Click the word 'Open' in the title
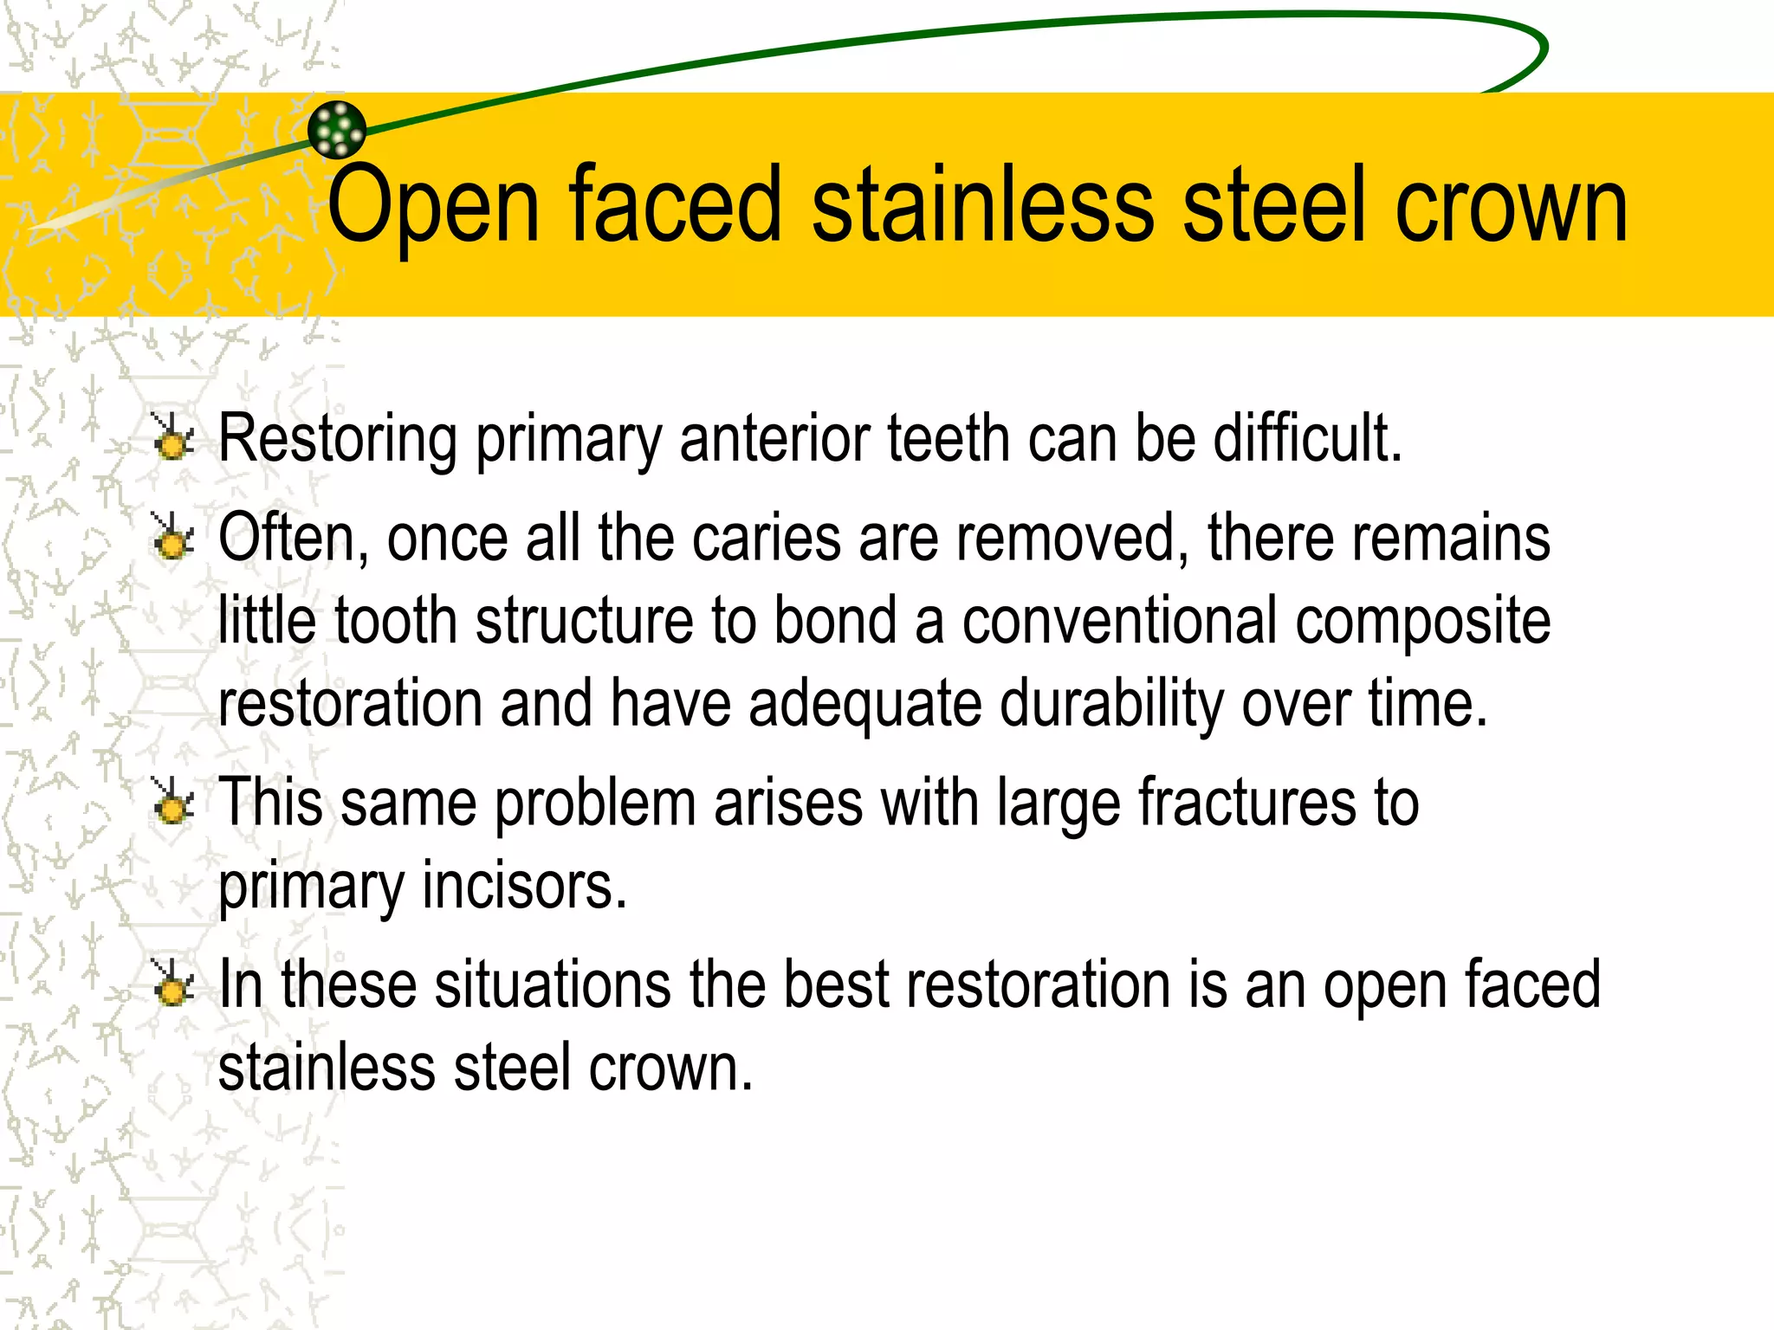click(x=433, y=206)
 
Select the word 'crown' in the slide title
click(x=1511, y=206)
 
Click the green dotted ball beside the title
click(x=337, y=130)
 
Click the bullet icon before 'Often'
click(x=173, y=537)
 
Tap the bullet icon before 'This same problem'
click(x=173, y=802)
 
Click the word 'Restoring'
click(x=338, y=439)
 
